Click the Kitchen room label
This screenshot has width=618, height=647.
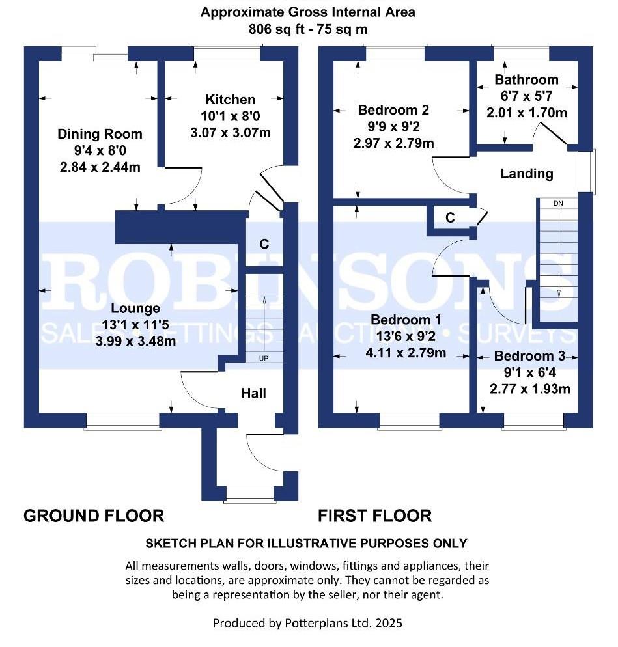coord(231,100)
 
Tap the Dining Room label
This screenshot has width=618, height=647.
coord(100,134)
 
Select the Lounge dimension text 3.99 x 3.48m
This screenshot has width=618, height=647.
coord(135,341)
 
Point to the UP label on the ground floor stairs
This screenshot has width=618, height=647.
coord(263,358)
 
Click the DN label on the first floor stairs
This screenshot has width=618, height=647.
coord(558,204)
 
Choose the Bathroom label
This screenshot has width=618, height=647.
coord(526,79)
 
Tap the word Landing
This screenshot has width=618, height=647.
coord(527,174)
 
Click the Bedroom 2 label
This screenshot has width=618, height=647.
coord(393,110)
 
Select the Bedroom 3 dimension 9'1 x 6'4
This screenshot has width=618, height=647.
coord(530,372)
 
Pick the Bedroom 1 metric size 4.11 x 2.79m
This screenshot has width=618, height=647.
coord(406,353)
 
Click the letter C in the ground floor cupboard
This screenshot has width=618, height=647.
coord(264,244)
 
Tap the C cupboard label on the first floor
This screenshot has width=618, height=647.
coord(450,217)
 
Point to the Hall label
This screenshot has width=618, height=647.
coord(253,393)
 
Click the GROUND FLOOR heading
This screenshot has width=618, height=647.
coord(94,516)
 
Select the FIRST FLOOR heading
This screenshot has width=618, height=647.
coord(375,516)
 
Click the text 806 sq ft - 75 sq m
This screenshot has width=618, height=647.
coord(308,29)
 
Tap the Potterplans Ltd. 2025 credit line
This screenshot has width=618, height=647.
coord(307,623)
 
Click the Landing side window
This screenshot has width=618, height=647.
coord(586,171)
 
